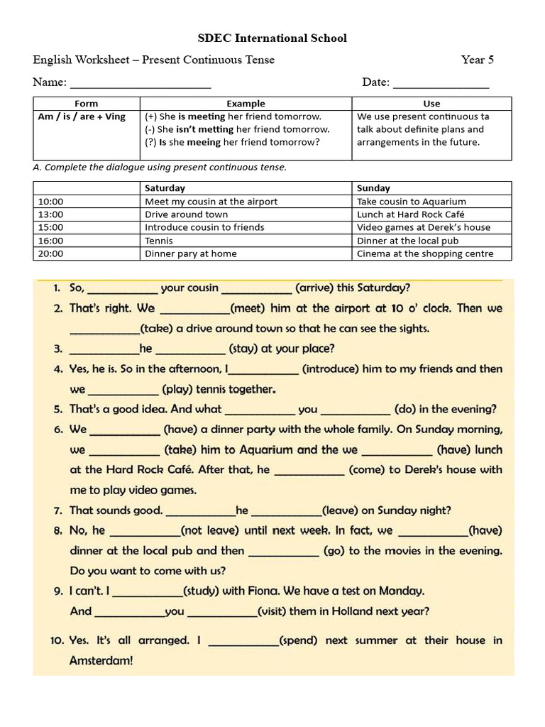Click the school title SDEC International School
click(x=272, y=38)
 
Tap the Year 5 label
click(x=477, y=60)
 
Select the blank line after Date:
click(x=441, y=84)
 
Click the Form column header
click(x=86, y=104)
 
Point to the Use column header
click(x=431, y=104)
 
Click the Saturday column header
click(x=165, y=188)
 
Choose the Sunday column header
click(x=373, y=188)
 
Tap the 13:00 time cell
click(x=50, y=214)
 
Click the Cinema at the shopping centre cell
click(x=424, y=253)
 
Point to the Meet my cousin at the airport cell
click(x=211, y=202)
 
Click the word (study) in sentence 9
click(x=202, y=591)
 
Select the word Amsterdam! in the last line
click(x=101, y=660)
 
